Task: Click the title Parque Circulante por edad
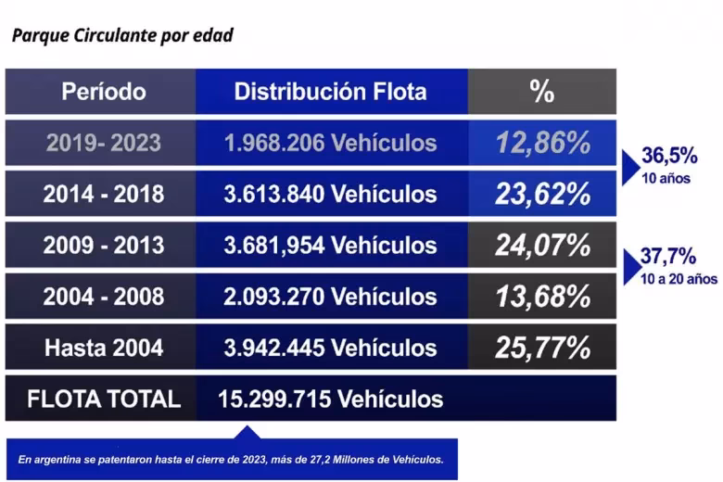pos(121,36)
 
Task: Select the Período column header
pos(104,91)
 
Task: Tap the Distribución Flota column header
pos(330,91)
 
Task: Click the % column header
pos(541,91)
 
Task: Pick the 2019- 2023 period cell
pos(104,143)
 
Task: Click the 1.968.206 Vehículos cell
pos(330,143)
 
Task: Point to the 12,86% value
pos(542,143)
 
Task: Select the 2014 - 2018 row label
pos(104,194)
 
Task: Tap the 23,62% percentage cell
pos(542,194)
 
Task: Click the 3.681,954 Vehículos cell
pos(330,245)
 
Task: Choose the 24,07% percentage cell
pos(542,245)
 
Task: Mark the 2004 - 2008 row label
pos(104,296)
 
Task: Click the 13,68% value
pos(542,296)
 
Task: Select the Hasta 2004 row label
pos(104,348)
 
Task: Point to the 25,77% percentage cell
pos(542,348)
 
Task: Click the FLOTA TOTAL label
pos(104,399)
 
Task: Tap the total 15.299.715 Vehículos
pos(330,399)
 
